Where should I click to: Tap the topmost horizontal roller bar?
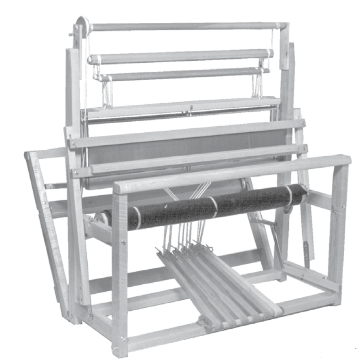point(182,27)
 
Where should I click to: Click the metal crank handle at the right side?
point(275,239)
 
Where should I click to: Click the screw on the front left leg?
point(122,243)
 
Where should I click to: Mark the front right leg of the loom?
point(338,227)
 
